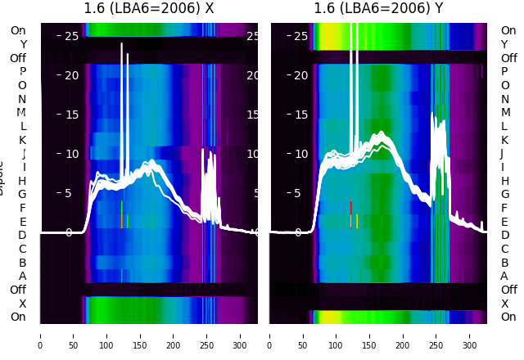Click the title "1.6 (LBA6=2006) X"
pos(149,9)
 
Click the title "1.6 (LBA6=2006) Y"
pos(379,9)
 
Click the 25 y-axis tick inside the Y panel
pos(300,36)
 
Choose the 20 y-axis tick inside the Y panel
pos(300,75)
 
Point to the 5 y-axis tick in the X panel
pos(68,194)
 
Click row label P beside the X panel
pos(22,72)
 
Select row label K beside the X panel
pos(22,140)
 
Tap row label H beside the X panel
pos(22,181)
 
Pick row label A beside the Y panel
pos(504,276)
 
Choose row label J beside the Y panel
pos(502,154)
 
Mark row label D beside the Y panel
pos(504,236)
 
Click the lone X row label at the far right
pos(504,304)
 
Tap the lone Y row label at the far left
pos(23,45)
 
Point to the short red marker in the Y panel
pos(350,207)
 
